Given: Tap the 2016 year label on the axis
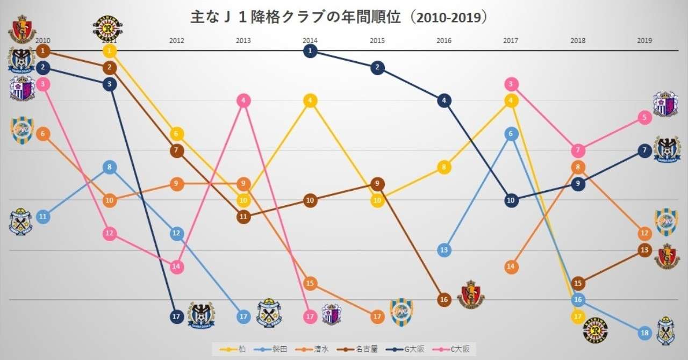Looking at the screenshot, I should pos(444,40).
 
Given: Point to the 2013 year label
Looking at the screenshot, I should pos(243,40).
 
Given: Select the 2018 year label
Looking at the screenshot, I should pos(578,40).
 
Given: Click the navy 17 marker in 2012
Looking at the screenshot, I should pos(176,316).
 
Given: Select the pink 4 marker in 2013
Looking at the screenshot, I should pos(243,100).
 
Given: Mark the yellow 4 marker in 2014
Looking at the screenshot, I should pos(310,100).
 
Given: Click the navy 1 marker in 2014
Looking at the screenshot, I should pos(310,51).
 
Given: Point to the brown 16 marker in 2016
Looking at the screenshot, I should pos(444,300).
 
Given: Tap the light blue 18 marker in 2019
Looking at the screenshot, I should pos(645,333).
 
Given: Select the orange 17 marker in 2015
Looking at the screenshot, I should pos(377,316).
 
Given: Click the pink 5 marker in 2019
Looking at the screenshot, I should pos(645,117).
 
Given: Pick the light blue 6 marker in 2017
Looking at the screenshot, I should pos(511,134).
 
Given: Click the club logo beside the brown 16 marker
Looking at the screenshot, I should pos(471,294).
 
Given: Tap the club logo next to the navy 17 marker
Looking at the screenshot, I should pos(201,315).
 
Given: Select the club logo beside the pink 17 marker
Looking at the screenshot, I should pos(331,314).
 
